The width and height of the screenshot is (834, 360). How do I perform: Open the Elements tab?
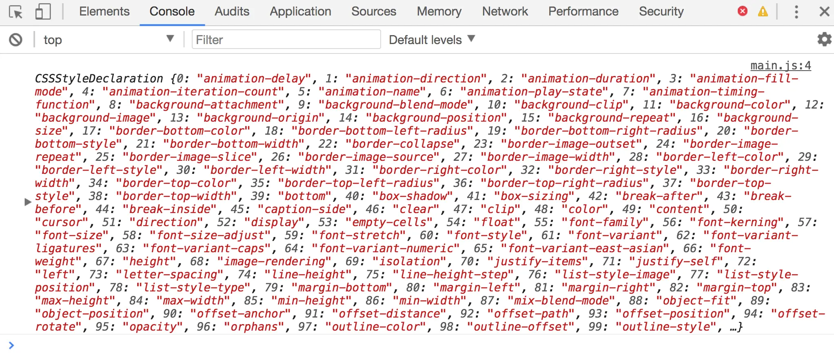pyautogui.click(x=104, y=11)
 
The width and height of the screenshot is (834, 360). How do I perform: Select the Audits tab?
pyautogui.click(x=232, y=11)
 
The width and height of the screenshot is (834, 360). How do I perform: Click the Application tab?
pyautogui.click(x=300, y=11)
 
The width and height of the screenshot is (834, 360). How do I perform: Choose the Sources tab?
pyautogui.click(x=373, y=11)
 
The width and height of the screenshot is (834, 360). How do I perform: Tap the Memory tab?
pyautogui.click(x=439, y=11)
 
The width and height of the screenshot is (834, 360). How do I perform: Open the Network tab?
pyautogui.click(x=505, y=11)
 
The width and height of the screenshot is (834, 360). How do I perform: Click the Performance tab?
pyautogui.click(x=583, y=11)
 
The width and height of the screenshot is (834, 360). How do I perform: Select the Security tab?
pyautogui.click(x=661, y=11)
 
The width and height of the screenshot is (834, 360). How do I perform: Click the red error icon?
pyautogui.click(x=743, y=11)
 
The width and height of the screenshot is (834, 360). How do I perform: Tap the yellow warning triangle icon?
pyautogui.click(x=763, y=11)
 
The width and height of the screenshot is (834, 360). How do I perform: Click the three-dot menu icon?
pyautogui.click(x=796, y=11)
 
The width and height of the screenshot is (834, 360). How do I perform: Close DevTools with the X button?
pyautogui.click(x=824, y=11)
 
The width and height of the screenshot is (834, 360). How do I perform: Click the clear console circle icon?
pyautogui.click(x=16, y=40)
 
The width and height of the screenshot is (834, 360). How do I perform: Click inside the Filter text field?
pyautogui.click(x=286, y=40)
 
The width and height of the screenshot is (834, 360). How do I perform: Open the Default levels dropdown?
pyautogui.click(x=432, y=40)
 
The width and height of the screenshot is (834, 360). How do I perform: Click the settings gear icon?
pyautogui.click(x=824, y=40)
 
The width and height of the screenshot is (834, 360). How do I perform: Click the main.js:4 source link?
pyautogui.click(x=781, y=65)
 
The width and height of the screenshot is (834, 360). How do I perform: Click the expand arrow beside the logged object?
pyautogui.click(x=28, y=202)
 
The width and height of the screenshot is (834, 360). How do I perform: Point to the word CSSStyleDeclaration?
pyautogui.click(x=99, y=78)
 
